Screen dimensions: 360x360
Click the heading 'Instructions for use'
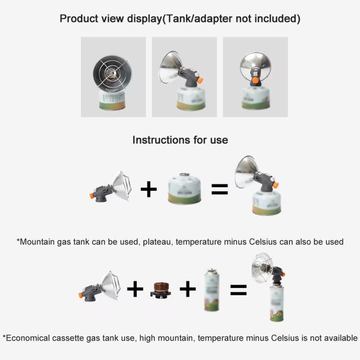[x=180, y=139]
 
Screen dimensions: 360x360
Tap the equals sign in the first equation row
[x=220, y=189]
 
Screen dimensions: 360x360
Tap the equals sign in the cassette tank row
[x=238, y=290]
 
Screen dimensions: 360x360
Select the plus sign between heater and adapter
[x=135, y=289]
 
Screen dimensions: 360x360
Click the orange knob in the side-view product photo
[x=200, y=80]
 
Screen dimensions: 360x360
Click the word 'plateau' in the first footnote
[x=157, y=242]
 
